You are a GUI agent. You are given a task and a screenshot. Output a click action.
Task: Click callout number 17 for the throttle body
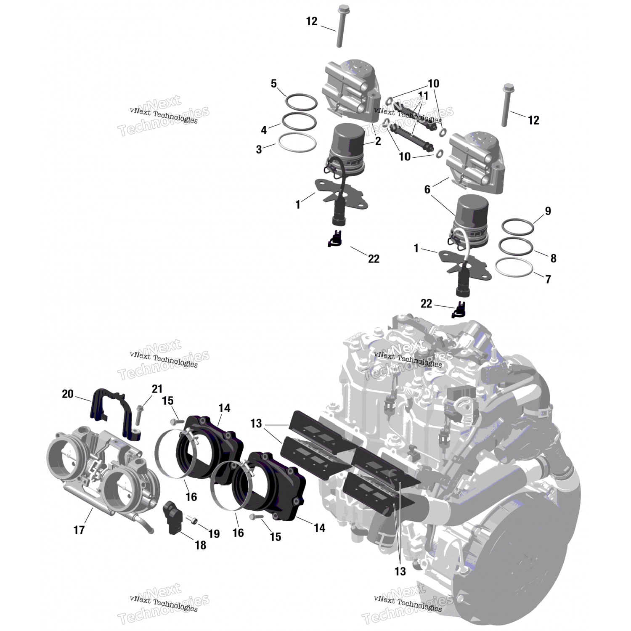(x=79, y=530)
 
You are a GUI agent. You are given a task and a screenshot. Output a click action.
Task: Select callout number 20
(x=68, y=394)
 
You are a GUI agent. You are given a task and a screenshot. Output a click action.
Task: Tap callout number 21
(x=157, y=389)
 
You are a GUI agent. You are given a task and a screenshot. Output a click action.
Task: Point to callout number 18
(x=201, y=545)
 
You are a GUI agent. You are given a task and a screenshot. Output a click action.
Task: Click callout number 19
(x=214, y=534)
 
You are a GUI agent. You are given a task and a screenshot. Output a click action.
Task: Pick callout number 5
(x=274, y=84)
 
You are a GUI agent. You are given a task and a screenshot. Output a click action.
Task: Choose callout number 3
(x=259, y=149)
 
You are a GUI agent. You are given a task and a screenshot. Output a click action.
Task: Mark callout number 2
(x=378, y=141)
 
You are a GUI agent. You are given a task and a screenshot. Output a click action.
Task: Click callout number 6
(x=427, y=190)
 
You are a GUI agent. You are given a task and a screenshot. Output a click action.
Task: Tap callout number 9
(x=548, y=211)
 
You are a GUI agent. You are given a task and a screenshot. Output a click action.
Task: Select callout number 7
(x=548, y=279)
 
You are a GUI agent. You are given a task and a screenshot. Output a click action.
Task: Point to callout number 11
(x=423, y=96)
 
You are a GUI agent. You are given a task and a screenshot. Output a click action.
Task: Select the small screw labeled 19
(x=192, y=520)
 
